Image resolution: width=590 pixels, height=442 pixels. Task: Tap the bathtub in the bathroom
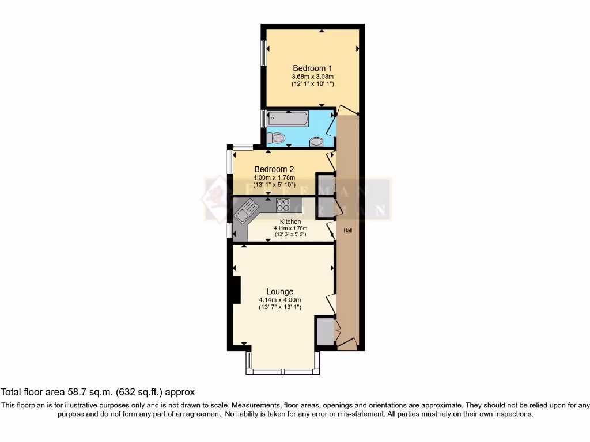click(288, 119)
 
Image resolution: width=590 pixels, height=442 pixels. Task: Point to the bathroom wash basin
click(316, 142)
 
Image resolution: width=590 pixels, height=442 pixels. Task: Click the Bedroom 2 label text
click(274, 169)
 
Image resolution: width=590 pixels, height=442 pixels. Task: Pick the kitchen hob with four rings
click(283, 205)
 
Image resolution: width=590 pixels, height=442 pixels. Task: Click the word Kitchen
click(290, 222)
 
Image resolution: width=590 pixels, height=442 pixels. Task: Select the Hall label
click(348, 230)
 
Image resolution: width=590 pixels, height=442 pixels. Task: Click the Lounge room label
click(280, 291)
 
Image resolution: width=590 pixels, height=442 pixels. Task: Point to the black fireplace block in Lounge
click(235, 290)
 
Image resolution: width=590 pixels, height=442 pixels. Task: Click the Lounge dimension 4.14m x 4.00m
click(280, 300)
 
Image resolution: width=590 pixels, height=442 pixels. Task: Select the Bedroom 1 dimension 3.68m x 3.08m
click(312, 77)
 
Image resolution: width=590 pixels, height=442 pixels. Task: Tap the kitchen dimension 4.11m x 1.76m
click(290, 228)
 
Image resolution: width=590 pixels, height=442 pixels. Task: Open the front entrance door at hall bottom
click(347, 344)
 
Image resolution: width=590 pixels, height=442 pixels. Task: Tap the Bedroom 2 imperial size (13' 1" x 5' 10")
click(274, 185)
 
